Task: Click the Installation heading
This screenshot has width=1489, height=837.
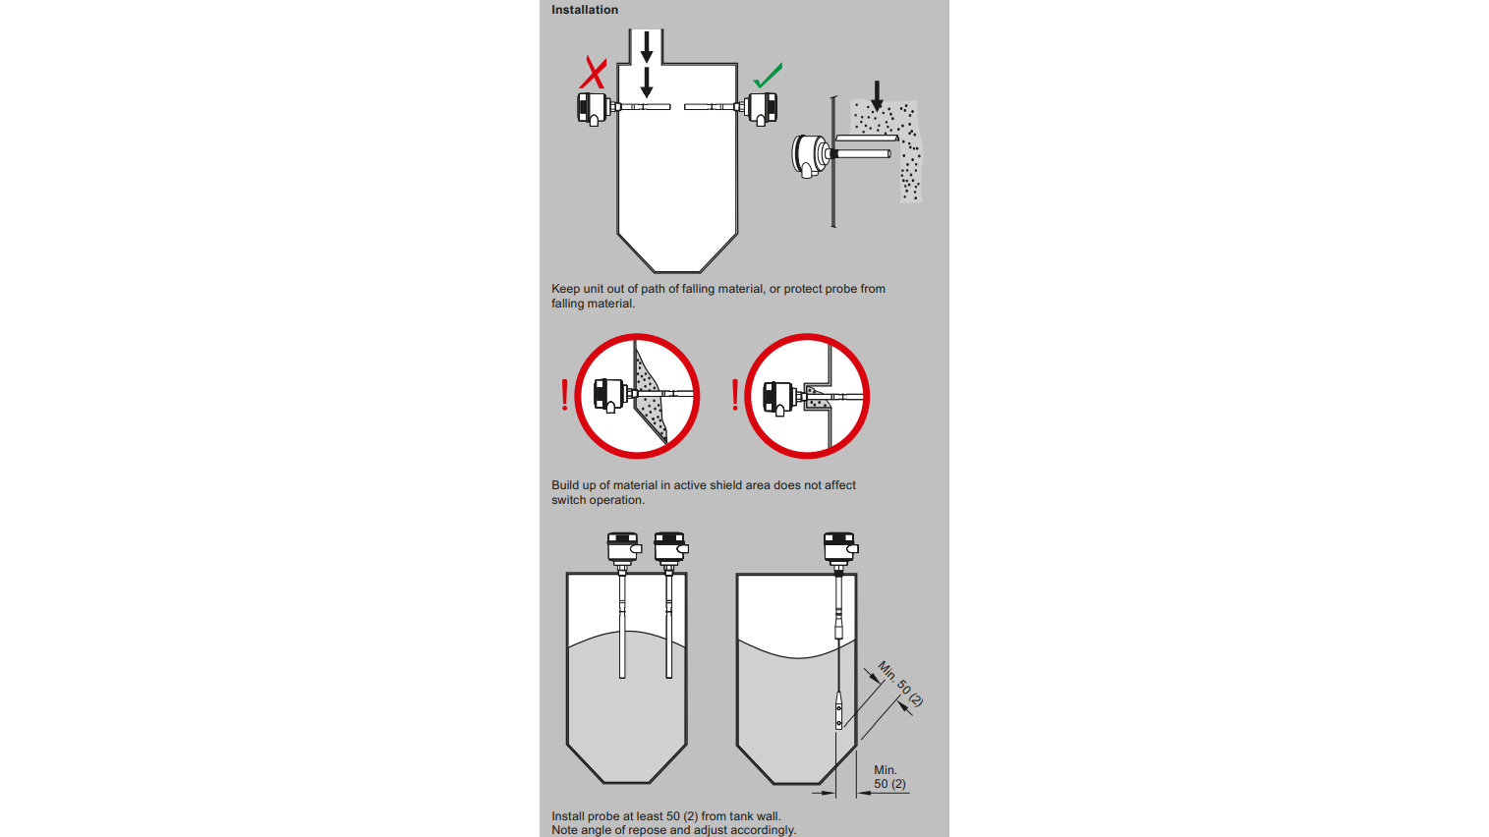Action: pyautogui.click(x=584, y=10)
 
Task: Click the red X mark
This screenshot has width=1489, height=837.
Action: pyautogui.click(x=593, y=73)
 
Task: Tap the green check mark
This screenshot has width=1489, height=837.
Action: pyautogui.click(x=768, y=76)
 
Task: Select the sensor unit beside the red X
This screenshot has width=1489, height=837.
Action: pyautogui.click(x=593, y=107)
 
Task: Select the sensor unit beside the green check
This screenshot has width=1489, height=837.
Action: pyautogui.click(x=762, y=107)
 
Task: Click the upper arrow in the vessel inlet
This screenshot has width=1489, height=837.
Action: pyautogui.click(x=646, y=45)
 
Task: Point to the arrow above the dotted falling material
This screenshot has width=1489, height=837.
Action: pyautogui.click(x=877, y=95)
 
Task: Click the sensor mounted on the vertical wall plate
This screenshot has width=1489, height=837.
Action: pyautogui.click(x=810, y=155)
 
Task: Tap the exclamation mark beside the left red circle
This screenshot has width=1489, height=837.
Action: pyautogui.click(x=564, y=396)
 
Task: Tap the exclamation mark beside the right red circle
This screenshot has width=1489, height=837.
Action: pyautogui.click(x=735, y=396)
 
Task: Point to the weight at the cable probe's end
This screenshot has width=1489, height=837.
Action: pyautogui.click(x=838, y=711)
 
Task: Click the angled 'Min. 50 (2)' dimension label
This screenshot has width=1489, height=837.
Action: pyautogui.click(x=899, y=684)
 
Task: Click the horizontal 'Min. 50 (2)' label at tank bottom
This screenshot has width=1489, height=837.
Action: pyautogui.click(x=888, y=777)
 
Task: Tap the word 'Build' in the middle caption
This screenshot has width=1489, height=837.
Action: pyautogui.click(x=565, y=485)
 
